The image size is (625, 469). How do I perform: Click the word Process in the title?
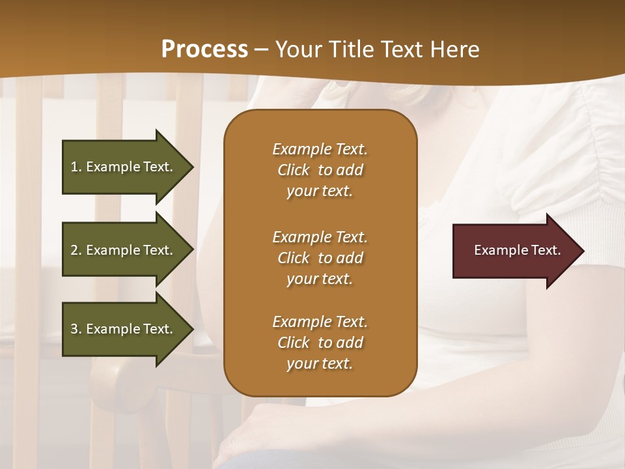point(204,50)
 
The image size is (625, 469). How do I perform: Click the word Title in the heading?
point(350,50)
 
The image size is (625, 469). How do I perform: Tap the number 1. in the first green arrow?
point(76,167)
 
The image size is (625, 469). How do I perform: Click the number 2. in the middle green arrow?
point(76,250)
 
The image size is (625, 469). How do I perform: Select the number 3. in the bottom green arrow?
point(76,329)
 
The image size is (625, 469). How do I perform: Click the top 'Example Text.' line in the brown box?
point(320,149)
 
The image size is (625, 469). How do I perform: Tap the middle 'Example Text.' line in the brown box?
point(320,236)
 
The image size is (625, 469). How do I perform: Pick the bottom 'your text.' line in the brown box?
point(320,364)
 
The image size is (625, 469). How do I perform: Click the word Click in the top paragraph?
point(293,170)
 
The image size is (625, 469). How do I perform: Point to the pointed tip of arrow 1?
point(193,167)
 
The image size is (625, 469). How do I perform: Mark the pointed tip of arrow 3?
point(193,329)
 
